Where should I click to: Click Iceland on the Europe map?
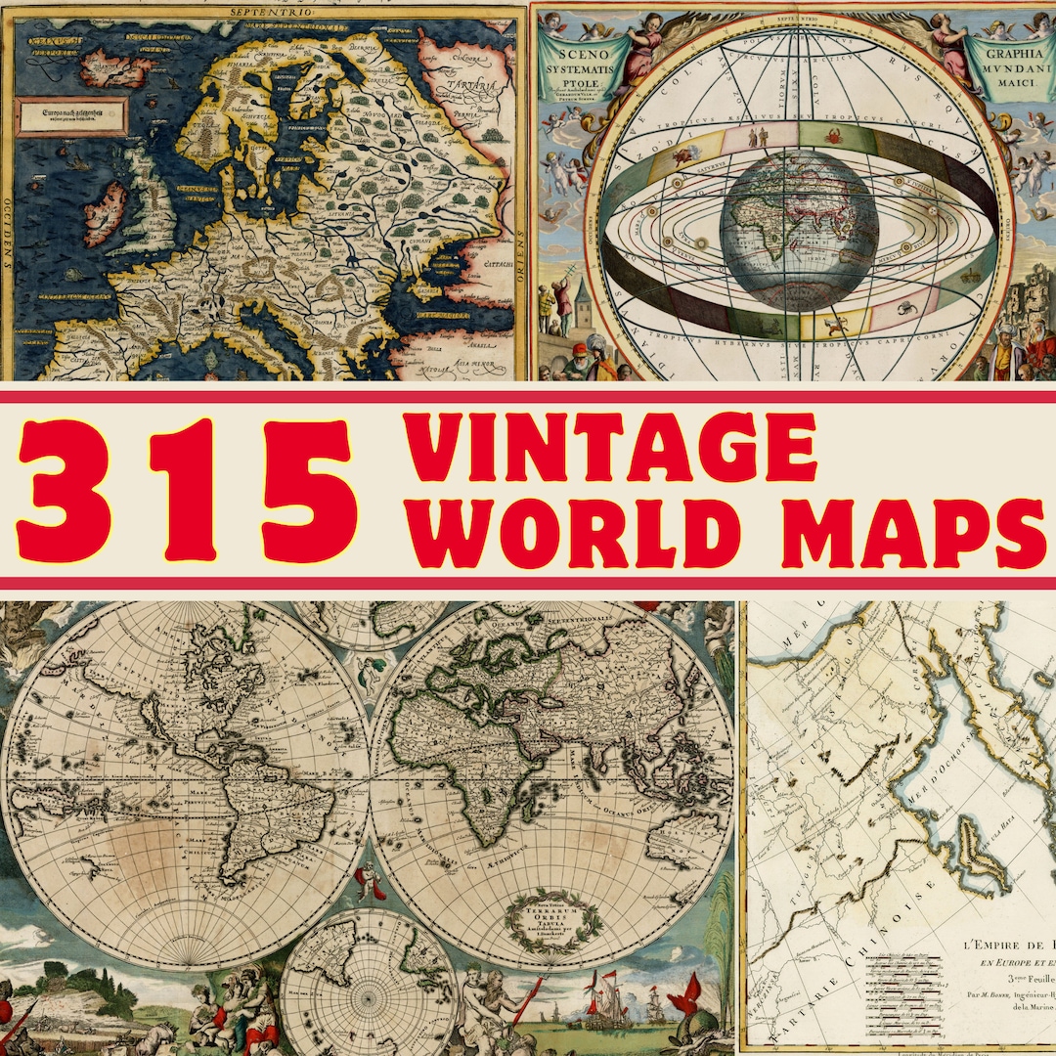pyautogui.click(x=114, y=67)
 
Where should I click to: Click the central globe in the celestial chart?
pyautogui.click(x=798, y=228)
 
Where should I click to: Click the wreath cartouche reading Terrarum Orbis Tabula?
pyautogui.click(x=549, y=913)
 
